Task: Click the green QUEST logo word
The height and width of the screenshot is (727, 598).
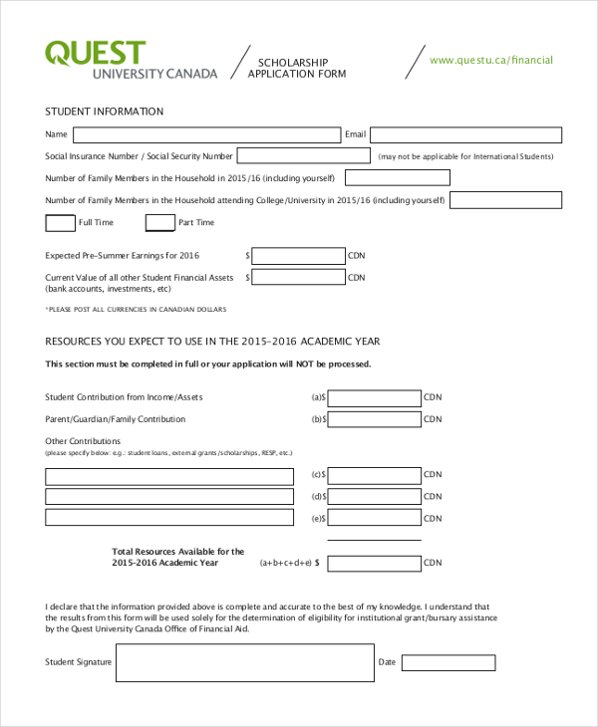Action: pyautogui.click(x=95, y=53)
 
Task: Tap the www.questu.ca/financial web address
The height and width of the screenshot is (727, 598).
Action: pyautogui.click(x=490, y=60)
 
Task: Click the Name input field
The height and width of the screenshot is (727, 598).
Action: pyautogui.click(x=206, y=134)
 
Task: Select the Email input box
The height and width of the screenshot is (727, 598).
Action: pyautogui.click(x=465, y=134)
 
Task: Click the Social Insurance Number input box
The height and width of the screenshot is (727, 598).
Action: pyautogui.click(x=303, y=156)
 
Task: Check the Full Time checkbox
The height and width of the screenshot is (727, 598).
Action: pyautogui.click(x=60, y=222)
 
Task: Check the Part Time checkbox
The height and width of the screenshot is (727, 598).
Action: pyautogui.click(x=159, y=222)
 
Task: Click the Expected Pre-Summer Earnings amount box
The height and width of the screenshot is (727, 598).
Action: pyautogui.click(x=298, y=256)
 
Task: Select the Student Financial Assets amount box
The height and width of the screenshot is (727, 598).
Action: pyautogui.click(x=298, y=278)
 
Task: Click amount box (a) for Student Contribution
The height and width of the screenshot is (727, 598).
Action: pyautogui.click(x=374, y=397)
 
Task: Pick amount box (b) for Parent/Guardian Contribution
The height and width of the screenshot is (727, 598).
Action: pyautogui.click(x=374, y=419)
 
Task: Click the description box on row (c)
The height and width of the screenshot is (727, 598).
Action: pyautogui.click(x=169, y=475)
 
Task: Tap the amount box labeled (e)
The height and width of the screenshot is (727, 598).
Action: pyautogui.click(x=374, y=519)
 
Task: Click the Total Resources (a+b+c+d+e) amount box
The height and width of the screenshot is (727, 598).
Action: pyautogui.click(x=374, y=563)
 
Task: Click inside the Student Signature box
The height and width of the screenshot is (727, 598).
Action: pyautogui.click(x=244, y=662)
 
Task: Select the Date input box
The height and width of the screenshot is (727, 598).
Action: pyautogui.click(x=448, y=662)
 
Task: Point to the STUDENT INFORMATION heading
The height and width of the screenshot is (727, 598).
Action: pyautogui.click(x=105, y=112)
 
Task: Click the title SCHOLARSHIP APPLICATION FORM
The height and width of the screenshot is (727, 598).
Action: pyautogui.click(x=296, y=68)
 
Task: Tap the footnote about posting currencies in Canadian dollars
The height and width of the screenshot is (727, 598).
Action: pyautogui.click(x=136, y=310)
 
